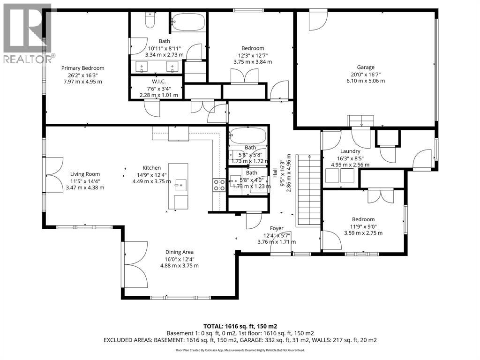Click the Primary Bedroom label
[82, 68]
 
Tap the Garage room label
[366, 67]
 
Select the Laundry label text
[350, 151]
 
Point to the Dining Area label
[180, 252]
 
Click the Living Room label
[85, 174]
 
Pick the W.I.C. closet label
[158, 82]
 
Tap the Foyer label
[277, 228]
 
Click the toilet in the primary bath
[150, 20]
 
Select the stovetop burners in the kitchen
[219, 185]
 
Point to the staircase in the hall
[308, 190]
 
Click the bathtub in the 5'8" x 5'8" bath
[247, 135]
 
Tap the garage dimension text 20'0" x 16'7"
[366, 74]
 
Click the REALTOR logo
[28, 33]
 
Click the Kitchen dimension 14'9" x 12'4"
[152, 175]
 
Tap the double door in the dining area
[135, 265]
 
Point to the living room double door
[53, 175]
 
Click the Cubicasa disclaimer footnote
[240, 350]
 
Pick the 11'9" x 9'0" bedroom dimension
[363, 226]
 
